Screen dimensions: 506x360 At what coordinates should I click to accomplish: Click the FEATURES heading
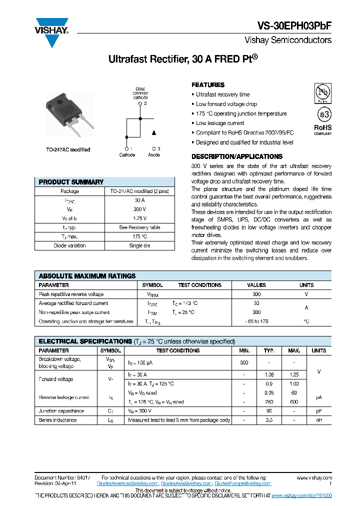click(x=208, y=85)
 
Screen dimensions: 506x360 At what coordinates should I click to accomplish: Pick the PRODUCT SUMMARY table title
click(x=71, y=182)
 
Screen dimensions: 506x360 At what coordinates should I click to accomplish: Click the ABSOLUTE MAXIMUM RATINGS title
click(x=87, y=275)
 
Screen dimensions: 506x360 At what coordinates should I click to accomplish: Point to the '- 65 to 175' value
click(x=256, y=321)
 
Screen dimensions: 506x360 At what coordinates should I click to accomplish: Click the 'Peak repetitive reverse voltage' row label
click(x=71, y=294)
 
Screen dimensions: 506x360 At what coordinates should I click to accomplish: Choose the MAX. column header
click(x=294, y=350)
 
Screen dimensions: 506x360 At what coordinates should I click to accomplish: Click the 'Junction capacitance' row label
click(x=61, y=411)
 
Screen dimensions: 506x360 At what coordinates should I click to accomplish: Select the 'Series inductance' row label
click(x=58, y=420)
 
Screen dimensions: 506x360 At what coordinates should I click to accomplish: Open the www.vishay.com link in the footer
click(x=314, y=477)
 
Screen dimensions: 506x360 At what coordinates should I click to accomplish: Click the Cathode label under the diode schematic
click(x=127, y=155)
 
